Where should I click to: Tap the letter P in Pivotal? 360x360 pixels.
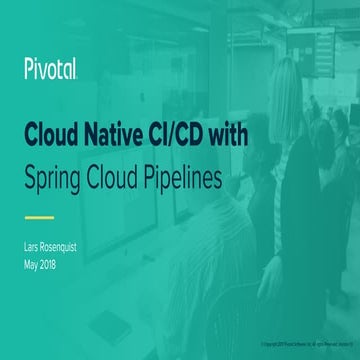[26, 67]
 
